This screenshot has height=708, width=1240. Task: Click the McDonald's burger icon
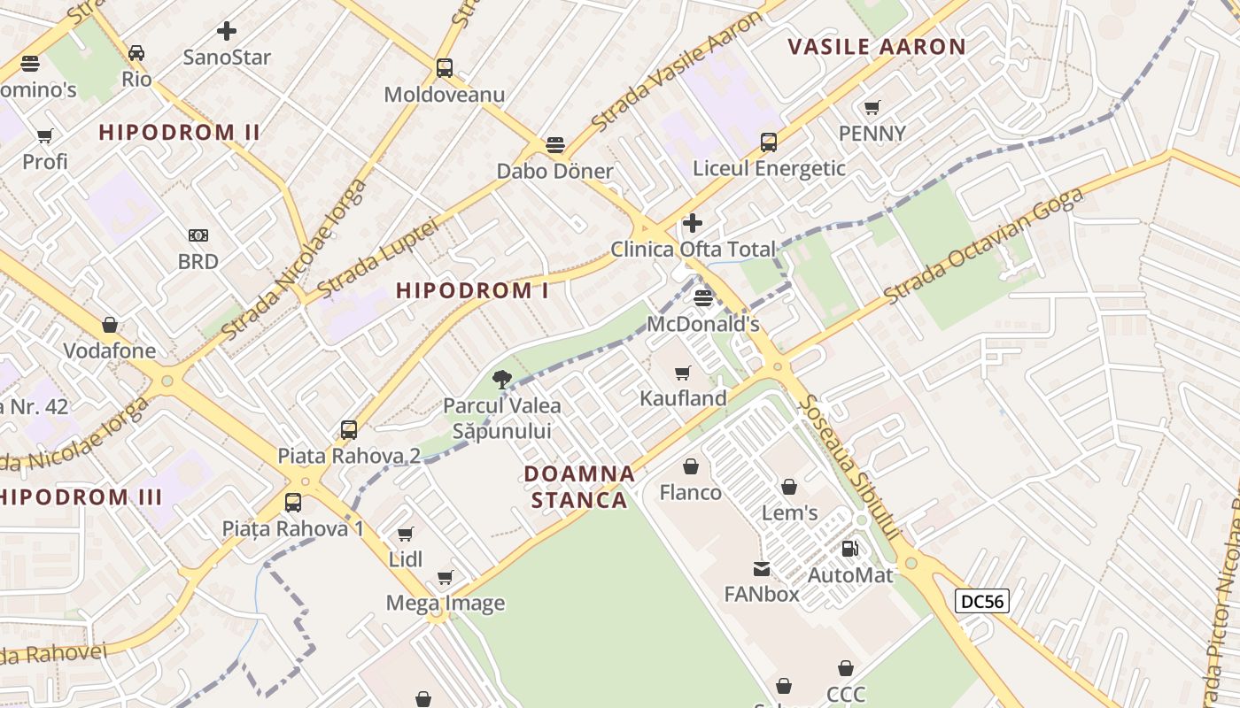click(x=703, y=298)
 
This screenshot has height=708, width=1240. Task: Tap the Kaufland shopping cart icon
click(x=682, y=373)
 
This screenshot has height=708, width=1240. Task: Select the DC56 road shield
click(x=982, y=602)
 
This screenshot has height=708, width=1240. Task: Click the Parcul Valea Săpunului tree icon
click(x=502, y=381)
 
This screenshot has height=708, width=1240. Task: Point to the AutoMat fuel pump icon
click(x=849, y=549)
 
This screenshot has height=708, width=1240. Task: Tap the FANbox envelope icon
click(x=762, y=568)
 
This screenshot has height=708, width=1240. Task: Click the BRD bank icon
click(x=198, y=235)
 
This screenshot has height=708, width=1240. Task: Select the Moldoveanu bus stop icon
click(x=445, y=68)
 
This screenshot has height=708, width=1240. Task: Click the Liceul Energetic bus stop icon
click(x=769, y=142)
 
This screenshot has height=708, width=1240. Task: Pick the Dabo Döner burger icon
click(x=555, y=144)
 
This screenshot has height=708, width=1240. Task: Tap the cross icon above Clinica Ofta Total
click(x=693, y=223)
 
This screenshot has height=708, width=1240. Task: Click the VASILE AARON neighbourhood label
click(x=876, y=47)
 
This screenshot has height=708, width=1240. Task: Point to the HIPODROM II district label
click(x=179, y=133)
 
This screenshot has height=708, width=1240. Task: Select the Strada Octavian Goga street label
click(x=983, y=246)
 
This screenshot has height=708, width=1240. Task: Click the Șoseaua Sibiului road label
click(x=848, y=466)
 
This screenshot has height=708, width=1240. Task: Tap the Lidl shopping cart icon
click(x=406, y=534)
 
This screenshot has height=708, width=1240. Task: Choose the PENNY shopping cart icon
click(x=872, y=108)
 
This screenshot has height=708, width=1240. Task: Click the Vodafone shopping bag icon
click(x=110, y=325)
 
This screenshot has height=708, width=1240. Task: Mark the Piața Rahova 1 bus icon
click(x=293, y=503)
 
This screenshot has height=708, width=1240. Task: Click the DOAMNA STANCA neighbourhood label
click(x=579, y=487)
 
